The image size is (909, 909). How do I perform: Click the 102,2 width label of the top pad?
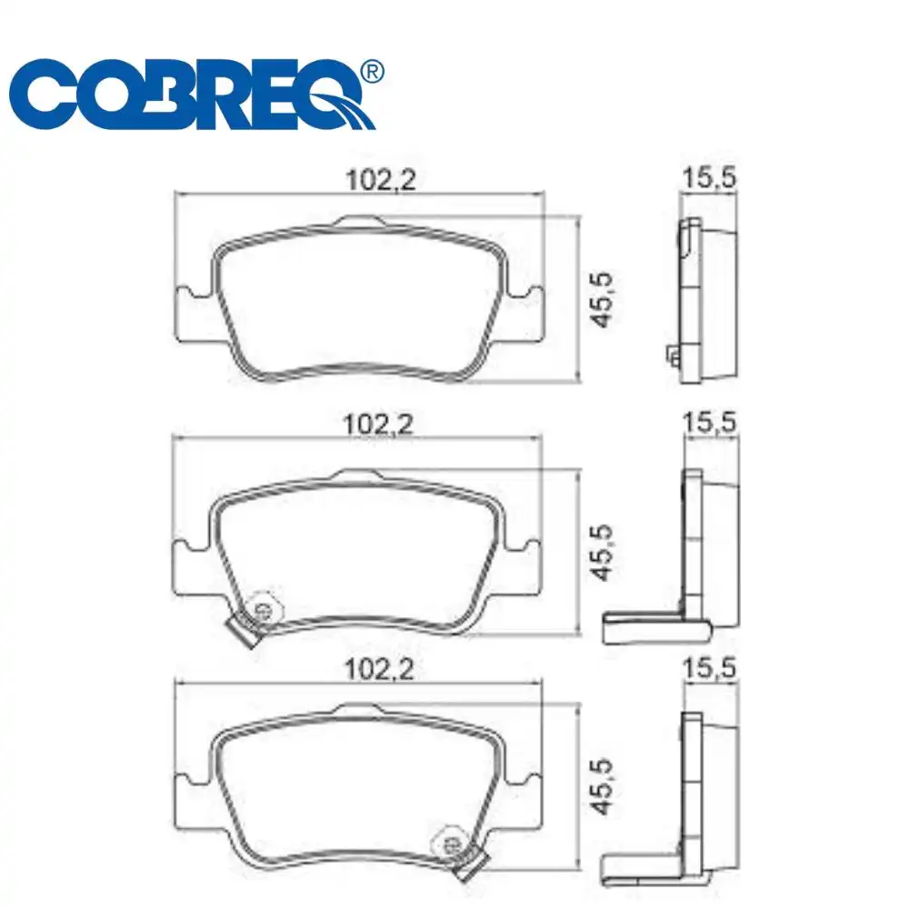[x=381, y=180]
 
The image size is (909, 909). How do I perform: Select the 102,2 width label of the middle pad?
[x=381, y=425]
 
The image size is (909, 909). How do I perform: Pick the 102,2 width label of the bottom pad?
[x=381, y=670]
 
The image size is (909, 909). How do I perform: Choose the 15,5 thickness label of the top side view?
[x=709, y=180]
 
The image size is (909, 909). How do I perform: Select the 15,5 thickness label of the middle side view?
[x=709, y=422]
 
